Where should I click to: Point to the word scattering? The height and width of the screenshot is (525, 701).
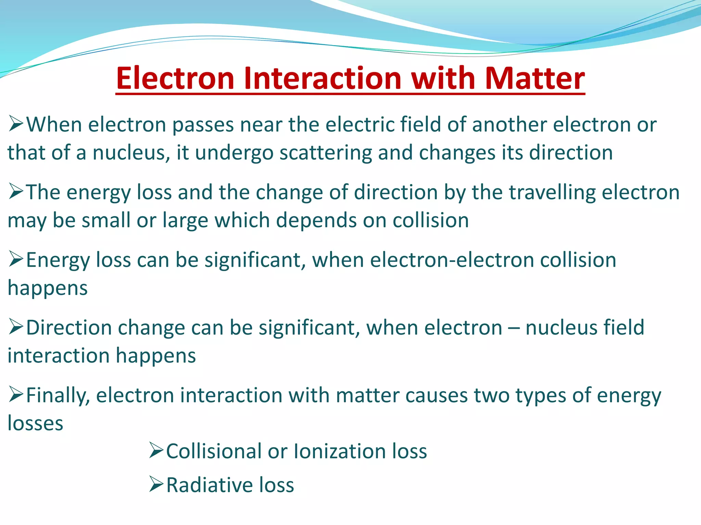[326, 152]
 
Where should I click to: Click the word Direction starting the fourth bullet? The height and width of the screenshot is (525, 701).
[69, 327]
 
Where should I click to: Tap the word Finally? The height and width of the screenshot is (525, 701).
[58, 395]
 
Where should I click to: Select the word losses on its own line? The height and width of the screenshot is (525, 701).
[35, 423]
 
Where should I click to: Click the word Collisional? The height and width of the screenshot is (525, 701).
[214, 451]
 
